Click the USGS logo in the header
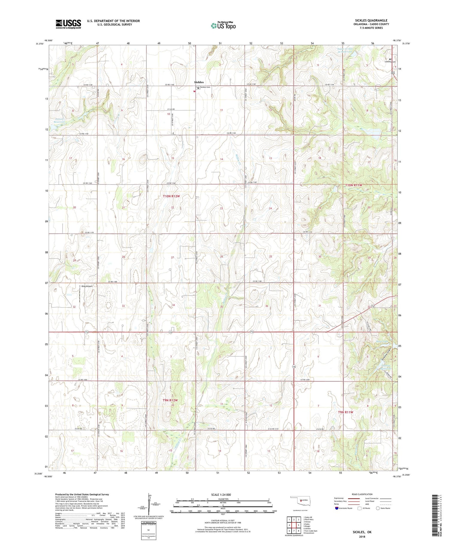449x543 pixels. pos(68,24)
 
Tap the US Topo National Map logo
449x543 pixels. pos(223,25)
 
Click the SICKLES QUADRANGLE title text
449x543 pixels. pos(371,20)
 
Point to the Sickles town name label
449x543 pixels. pos(199,82)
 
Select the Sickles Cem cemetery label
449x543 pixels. pos(205,87)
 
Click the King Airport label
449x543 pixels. pos(87,286)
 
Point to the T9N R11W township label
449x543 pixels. pos(346,412)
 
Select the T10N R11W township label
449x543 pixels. pos(354,185)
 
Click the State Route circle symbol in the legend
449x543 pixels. pos(378,508)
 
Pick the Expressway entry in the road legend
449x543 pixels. pos(340,498)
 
